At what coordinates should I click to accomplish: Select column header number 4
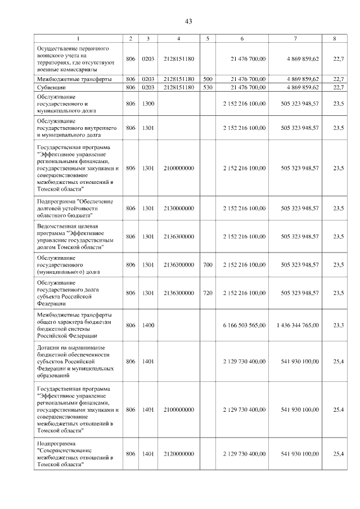178,39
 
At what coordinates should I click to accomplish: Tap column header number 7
295,39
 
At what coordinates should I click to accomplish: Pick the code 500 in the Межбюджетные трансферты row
208,79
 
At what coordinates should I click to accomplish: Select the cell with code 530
208,88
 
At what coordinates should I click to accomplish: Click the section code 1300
148,104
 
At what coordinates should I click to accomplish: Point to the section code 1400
148,325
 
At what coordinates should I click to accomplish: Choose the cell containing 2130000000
178,208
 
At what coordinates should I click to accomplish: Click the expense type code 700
208,264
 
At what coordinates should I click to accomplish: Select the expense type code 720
208,292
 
